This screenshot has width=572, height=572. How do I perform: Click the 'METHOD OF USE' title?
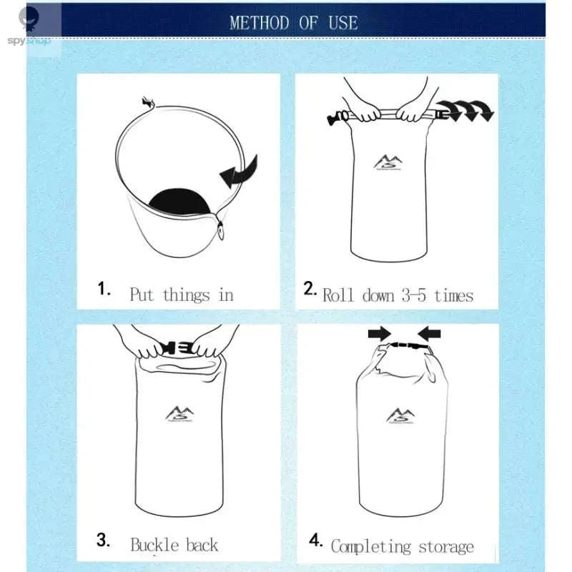pos(293,22)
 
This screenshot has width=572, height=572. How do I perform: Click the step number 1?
pos(104,289)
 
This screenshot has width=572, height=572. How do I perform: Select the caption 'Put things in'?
pos(181,295)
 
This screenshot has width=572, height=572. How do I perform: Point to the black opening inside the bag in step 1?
pos(179,202)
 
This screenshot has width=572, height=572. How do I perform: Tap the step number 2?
pos(310,289)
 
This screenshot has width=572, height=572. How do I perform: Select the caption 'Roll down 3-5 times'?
pos(398,295)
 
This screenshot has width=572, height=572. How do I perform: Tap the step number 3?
pos(104,541)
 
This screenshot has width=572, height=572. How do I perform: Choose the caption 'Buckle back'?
pos(174,545)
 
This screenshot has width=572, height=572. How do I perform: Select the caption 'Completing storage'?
pos(402,547)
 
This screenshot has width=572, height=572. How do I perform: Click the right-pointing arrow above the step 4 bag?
pos(379,333)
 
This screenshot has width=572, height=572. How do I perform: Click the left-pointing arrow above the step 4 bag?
pos(429,333)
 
